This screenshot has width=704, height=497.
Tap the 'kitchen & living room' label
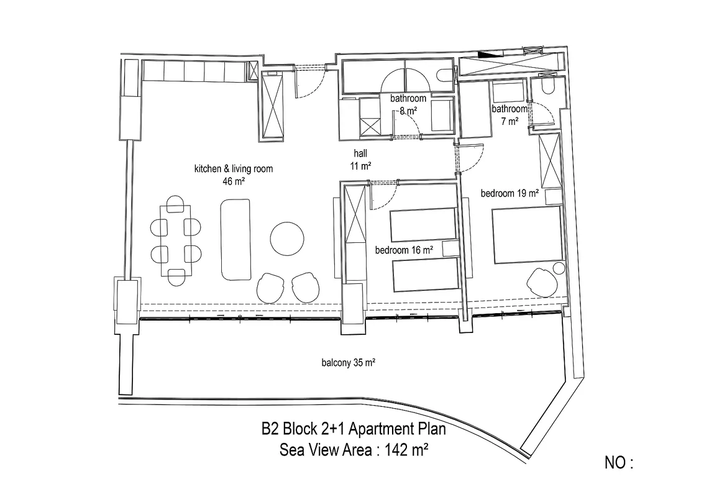pos(234,169)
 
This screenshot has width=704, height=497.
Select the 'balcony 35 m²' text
pos(349,362)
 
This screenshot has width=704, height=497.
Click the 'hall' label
pos(360,153)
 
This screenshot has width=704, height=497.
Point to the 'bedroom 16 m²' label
pos(404,250)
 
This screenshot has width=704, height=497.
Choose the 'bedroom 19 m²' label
pos(510,193)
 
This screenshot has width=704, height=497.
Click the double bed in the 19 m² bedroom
pos(527,235)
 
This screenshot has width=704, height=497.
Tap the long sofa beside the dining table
pos(235,239)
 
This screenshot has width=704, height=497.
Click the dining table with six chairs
pos(176,240)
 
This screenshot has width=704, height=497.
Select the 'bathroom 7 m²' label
pos(510,114)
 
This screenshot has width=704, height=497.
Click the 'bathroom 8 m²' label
pos(408,104)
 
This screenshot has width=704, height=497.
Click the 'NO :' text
pos(619,462)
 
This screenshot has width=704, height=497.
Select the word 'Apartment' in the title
pos(381,429)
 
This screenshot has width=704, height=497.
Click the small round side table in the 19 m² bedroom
pos(559,268)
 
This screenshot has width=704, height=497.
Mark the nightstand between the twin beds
pos(450,249)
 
